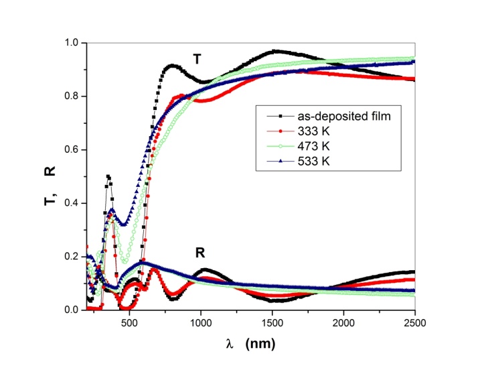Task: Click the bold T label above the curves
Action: pos(197,60)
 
